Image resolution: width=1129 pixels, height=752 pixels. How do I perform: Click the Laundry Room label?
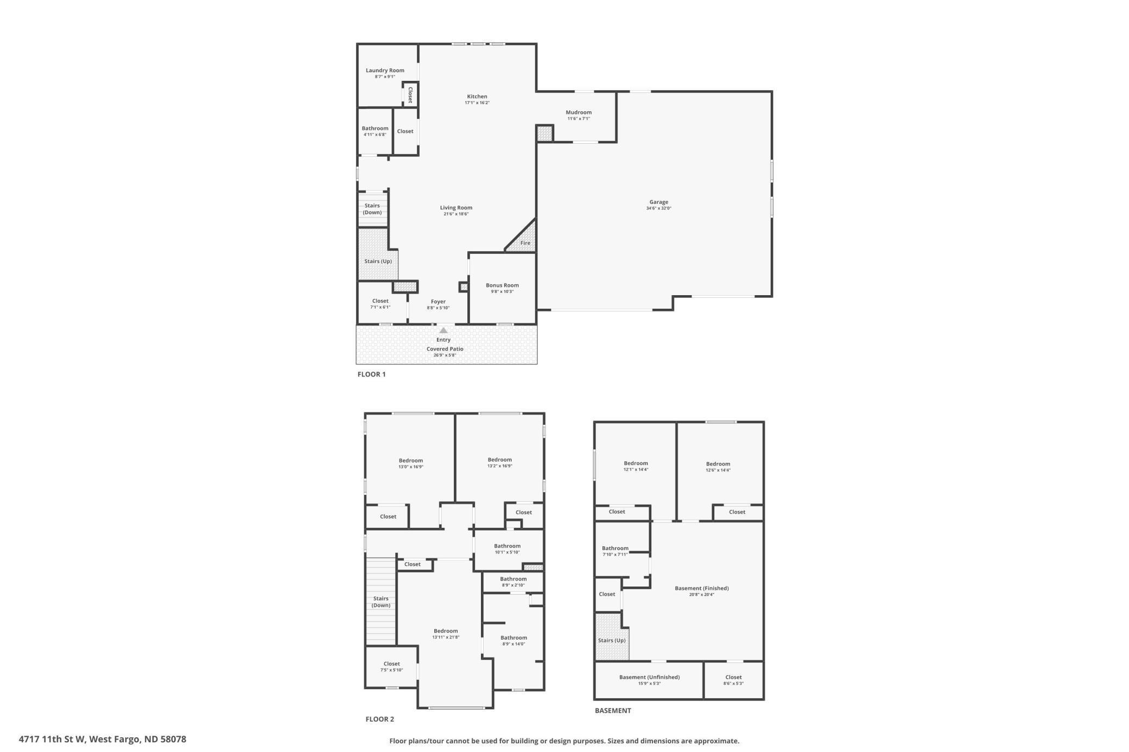coord(385,71)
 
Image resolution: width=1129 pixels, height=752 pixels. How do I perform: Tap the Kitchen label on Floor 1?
coord(477,97)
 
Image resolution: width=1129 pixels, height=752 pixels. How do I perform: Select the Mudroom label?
coord(579,112)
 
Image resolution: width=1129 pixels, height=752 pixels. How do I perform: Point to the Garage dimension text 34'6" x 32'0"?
coord(658,208)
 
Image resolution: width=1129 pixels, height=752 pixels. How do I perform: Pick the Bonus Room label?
coord(502,285)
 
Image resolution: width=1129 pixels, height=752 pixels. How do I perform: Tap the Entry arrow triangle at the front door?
coord(443,330)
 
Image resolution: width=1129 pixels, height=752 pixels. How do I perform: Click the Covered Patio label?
coord(445,349)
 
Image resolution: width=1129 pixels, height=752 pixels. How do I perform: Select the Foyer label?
coord(438,302)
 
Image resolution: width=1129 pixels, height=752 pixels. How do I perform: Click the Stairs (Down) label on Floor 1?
coord(372,209)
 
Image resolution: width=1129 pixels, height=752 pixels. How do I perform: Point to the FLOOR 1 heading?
coord(372,374)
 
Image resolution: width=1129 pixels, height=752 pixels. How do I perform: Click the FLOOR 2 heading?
coord(380,719)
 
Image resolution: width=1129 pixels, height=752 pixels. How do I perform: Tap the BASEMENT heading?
coord(613,711)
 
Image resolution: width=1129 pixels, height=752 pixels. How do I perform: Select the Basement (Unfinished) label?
coord(649,677)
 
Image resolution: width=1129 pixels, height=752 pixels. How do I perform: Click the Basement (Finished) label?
coord(702,588)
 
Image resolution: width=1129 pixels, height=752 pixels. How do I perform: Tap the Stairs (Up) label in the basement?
coord(612,640)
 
